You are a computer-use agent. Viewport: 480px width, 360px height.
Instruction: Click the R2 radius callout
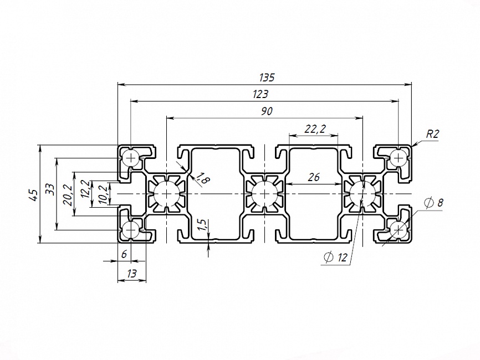tap(432, 134)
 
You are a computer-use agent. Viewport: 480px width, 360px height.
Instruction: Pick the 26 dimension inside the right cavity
tap(314, 177)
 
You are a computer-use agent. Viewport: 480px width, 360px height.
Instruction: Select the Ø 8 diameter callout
tap(433, 203)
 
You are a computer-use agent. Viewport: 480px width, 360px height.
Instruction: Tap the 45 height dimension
tap(34, 194)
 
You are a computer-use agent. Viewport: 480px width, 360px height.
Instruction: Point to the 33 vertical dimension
tap(50, 188)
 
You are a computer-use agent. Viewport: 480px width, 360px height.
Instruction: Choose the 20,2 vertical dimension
tap(68, 194)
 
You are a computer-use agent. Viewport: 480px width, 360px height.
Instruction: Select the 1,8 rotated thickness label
tap(202, 178)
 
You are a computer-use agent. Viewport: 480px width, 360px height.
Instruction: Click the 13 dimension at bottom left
tap(132, 272)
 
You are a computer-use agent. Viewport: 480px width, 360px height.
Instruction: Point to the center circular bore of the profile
tap(264, 194)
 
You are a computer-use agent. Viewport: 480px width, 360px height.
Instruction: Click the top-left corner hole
tap(131, 158)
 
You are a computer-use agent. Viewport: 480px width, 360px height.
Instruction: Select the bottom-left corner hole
tap(131, 229)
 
